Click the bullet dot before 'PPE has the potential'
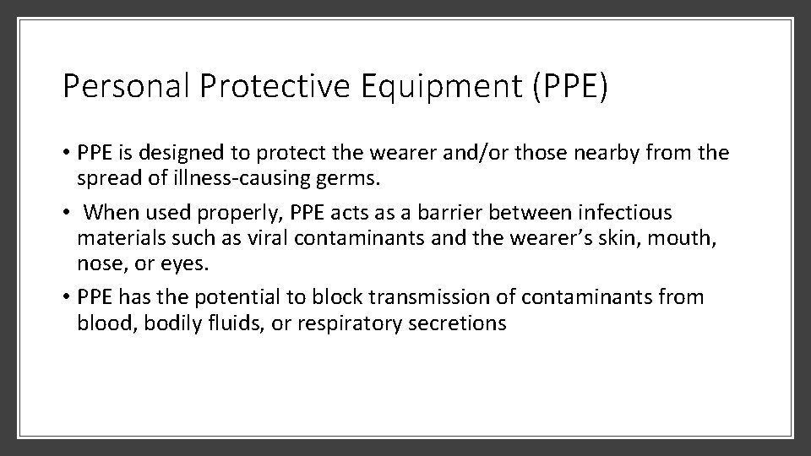pos(67,297)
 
